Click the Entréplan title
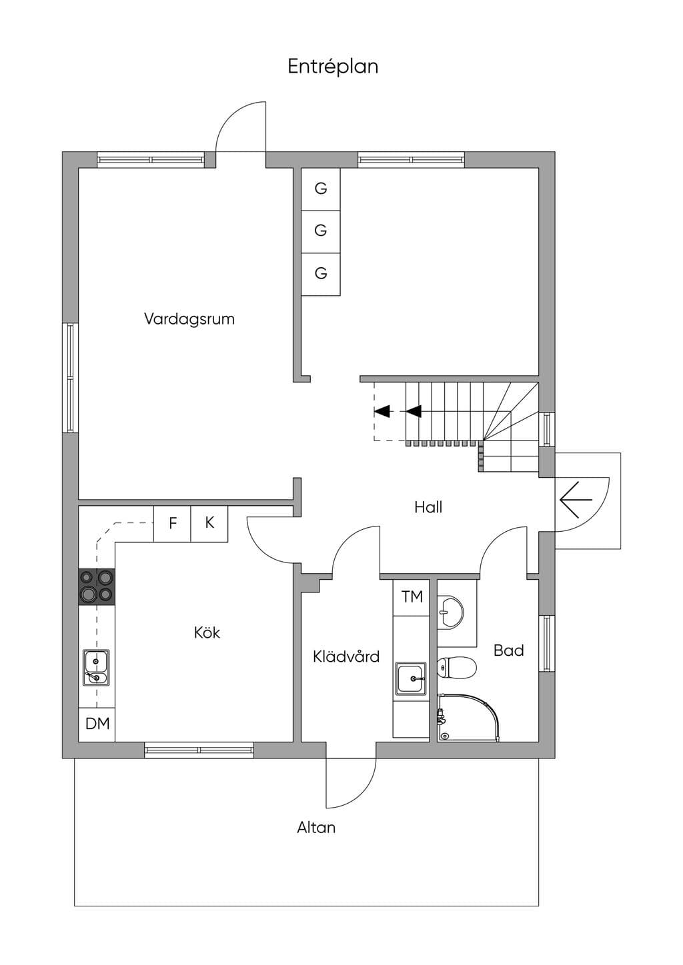click(x=333, y=67)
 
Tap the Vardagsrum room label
click(x=189, y=319)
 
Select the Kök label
click(x=207, y=632)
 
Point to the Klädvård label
click(x=346, y=656)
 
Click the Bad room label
click(x=509, y=650)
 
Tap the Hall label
click(x=428, y=507)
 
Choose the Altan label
click(x=316, y=828)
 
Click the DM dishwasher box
click(x=97, y=724)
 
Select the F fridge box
click(x=173, y=523)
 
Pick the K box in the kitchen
click(x=209, y=523)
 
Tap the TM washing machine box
click(x=412, y=598)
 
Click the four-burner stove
click(x=97, y=586)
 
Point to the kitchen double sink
click(x=96, y=667)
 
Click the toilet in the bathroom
click(x=457, y=667)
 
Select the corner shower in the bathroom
click(x=468, y=717)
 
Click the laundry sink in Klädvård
click(x=412, y=678)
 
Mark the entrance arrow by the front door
click(x=576, y=499)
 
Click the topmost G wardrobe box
click(x=320, y=189)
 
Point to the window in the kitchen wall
click(x=199, y=750)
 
